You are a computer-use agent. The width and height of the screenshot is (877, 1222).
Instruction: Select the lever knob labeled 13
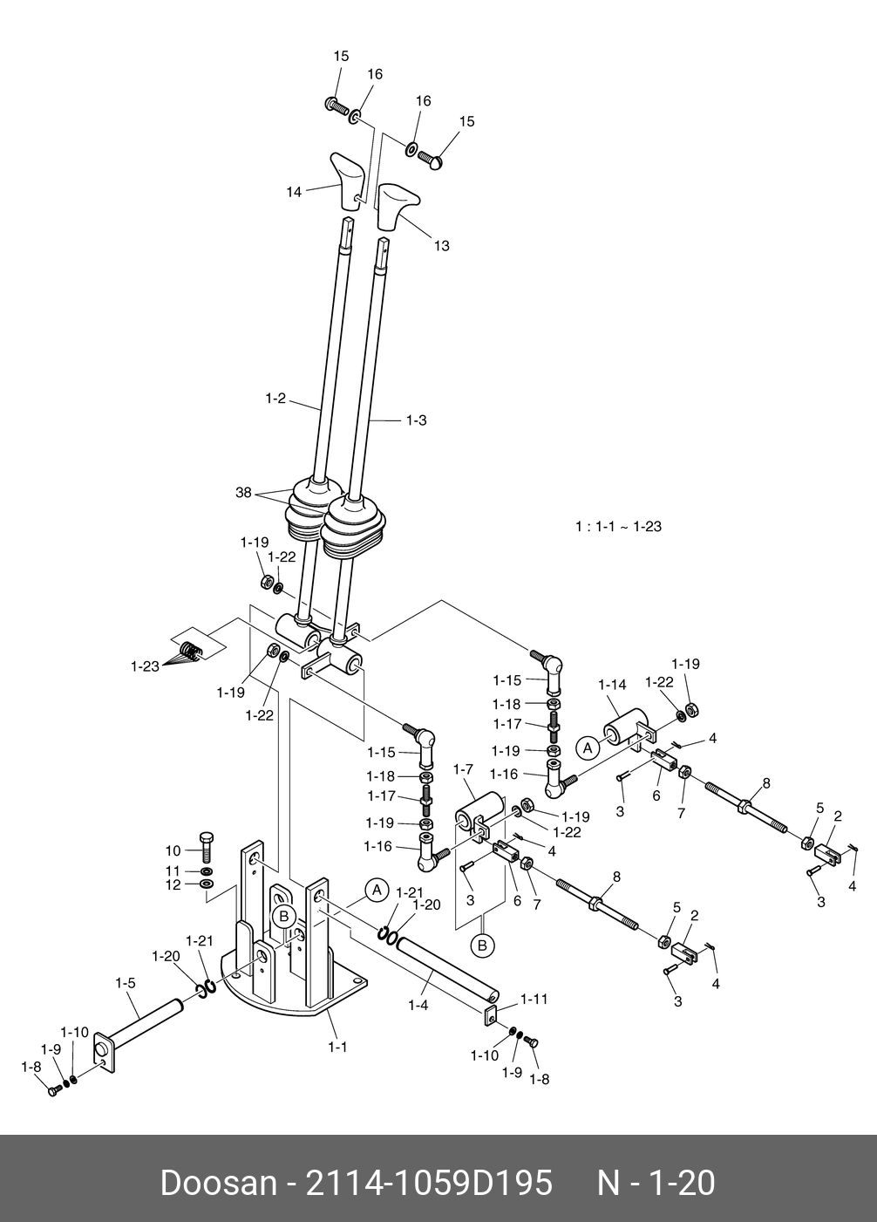click(x=396, y=204)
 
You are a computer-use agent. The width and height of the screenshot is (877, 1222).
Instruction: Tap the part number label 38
click(x=243, y=493)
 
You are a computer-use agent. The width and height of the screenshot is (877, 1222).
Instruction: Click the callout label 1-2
click(x=275, y=399)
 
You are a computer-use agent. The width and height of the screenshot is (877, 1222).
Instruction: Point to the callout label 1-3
click(x=417, y=420)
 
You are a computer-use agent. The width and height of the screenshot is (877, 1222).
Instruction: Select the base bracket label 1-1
click(x=337, y=1047)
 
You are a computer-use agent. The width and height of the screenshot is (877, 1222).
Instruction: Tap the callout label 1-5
click(x=126, y=983)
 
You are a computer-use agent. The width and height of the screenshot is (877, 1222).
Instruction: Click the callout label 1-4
click(x=418, y=1005)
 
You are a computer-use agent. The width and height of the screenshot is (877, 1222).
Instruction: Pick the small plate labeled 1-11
click(x=490, y=1017)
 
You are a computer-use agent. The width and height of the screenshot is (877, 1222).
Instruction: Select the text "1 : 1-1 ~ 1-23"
click(x=618, y=527)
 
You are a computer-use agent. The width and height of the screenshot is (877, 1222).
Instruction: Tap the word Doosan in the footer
click(x=218, y=1184)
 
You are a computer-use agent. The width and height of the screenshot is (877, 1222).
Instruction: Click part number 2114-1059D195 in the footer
click(x=427, y=1184)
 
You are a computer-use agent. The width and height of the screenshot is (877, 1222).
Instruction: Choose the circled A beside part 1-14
click(x=588, y=748)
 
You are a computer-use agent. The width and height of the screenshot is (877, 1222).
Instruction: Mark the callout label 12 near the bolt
click(x=173, y=885)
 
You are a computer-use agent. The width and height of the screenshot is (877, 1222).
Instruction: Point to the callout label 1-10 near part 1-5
click(x=75, y=1032)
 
